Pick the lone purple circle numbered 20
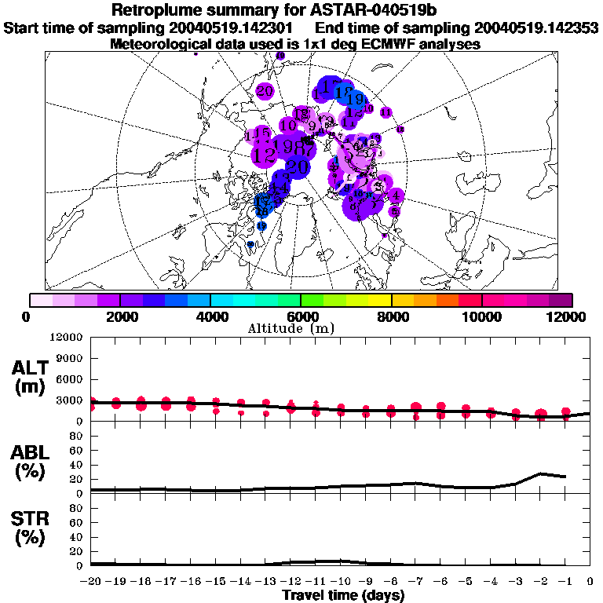pyautogui.click(x=265, y=91)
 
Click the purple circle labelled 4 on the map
pyautogui.click(x=397, y=196)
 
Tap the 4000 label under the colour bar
pyautogui.click(x=210, y=316)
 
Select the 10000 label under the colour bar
pyautogui.click(x=482, y=316)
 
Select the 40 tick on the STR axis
pyautogui.click(x=76, y=537)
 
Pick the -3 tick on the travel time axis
pyautogui.click(x=515, y=582)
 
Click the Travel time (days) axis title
pyautogui.click(x=343, y=596)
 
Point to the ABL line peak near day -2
pyautogui.click(x=540, y=473)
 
